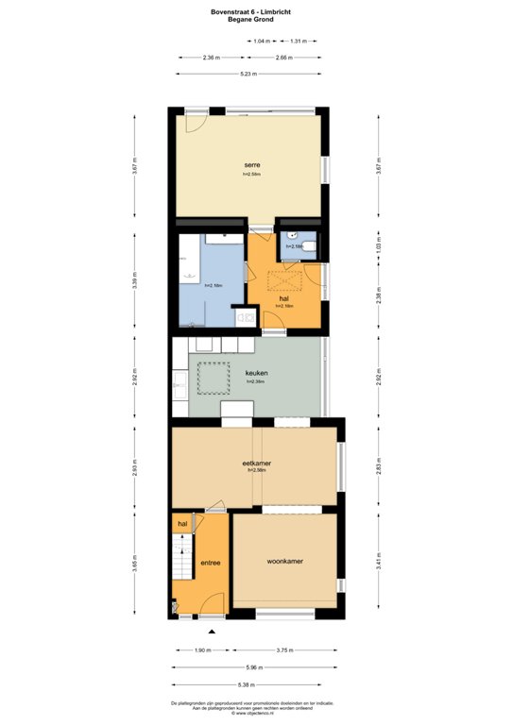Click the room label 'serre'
click(x=251, y=165)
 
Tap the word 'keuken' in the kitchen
click(x=256, y=373)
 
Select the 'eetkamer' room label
click(x=257, y=464)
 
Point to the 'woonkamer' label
click(x=284, y=562)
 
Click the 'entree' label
click(x=210, y=564)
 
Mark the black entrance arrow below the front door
click(x=213, y=631)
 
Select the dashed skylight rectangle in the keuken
click(x=214, y=377)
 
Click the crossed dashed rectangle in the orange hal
click(x=283, y=281)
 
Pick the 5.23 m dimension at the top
click(x=249, y=74)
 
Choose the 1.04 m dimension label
click(x=262, y=41)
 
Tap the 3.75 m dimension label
click(x=283, y=650)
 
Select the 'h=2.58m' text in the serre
click(x=251, y=175)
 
